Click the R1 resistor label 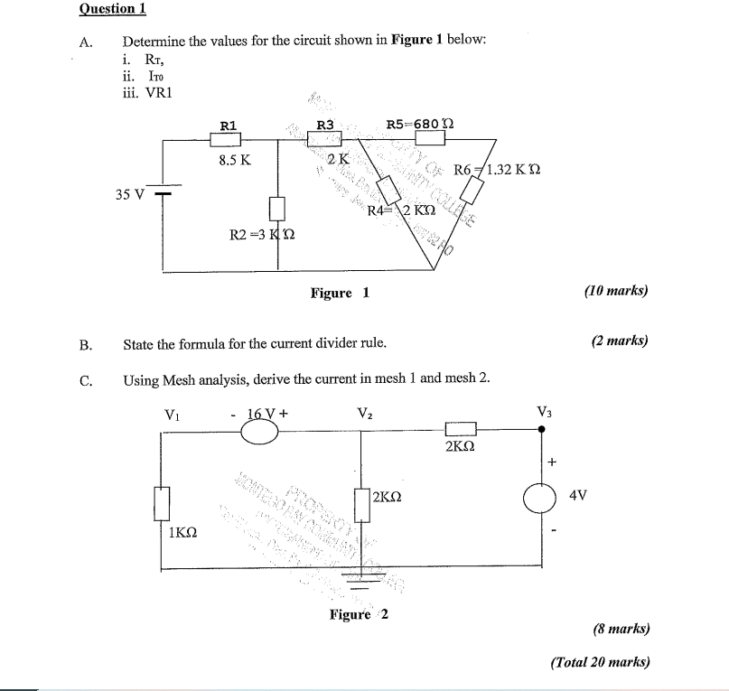(229, 126)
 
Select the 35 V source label (129, 193)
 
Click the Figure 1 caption (340, 293)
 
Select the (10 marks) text (616, 291)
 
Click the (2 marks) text (620, 341)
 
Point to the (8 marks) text (621, 629)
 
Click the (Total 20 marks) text (601, 661)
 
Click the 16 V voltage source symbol (260, 433)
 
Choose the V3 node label (544, 412)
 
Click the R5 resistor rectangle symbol (430, 138)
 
